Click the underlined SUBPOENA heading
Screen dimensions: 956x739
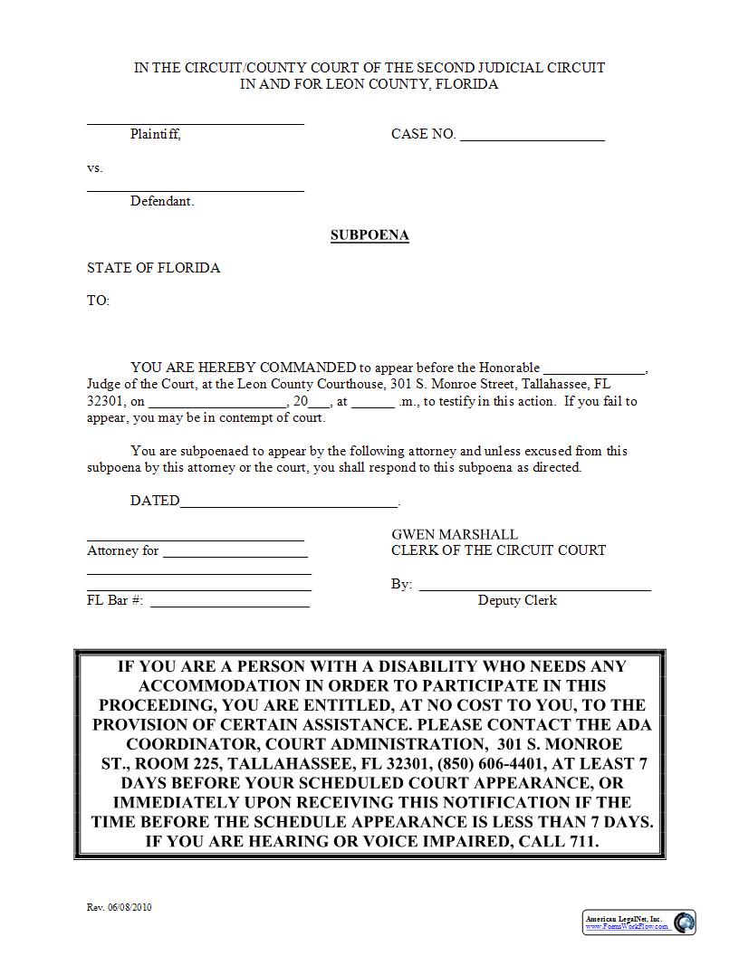pos(369,235)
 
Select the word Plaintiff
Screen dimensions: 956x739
pos(155,134)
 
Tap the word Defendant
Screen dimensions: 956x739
pos(161,201)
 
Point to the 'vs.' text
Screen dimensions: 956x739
pos(95,168)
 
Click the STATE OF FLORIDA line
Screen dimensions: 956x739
pos(153,268)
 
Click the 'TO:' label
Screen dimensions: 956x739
pos(98,301)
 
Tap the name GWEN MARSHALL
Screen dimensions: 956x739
pos(455,535)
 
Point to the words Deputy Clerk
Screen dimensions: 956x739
pos(517,600)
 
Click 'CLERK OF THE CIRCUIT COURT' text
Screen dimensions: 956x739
pos(498,550)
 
